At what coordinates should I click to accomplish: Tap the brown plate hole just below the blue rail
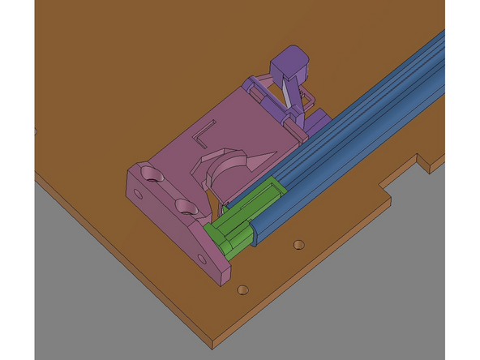point(299,243)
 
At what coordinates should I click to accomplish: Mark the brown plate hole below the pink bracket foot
point(241,289)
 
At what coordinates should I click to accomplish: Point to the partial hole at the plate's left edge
point(36,130)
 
